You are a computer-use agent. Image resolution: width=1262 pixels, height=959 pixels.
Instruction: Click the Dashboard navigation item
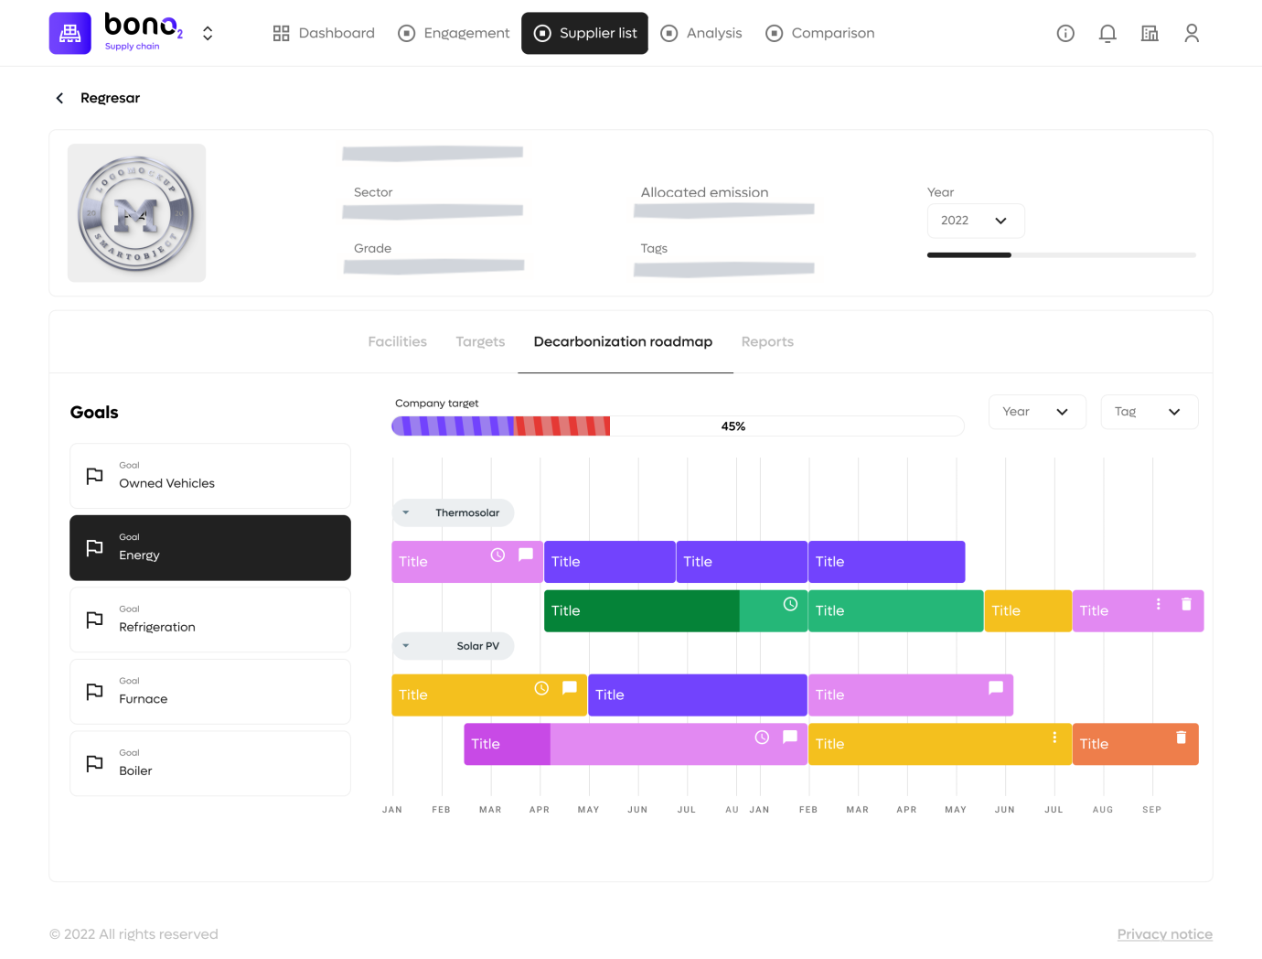(x=324, y=33)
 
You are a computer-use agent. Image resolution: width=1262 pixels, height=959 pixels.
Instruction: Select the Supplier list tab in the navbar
(x=584, y=33)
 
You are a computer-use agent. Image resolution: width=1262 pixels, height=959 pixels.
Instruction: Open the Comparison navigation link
(x=820, y=33)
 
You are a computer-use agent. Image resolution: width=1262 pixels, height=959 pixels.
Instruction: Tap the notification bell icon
(x=1107, y=34)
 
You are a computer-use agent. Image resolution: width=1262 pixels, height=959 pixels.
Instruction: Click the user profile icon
(x=1192, y=34)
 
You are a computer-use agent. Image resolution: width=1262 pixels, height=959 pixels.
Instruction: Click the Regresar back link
(x=99, y=98)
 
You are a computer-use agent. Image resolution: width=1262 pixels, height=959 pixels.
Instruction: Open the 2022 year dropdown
(x=976, y=221)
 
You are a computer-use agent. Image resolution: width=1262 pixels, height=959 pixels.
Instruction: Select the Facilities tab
(x=397, y=341)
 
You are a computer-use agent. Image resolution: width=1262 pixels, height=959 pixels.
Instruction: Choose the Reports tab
(x=767, y=341)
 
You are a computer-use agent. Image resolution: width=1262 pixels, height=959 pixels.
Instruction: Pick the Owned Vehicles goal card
(x=210, y=476)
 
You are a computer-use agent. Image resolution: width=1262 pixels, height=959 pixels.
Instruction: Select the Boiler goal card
(x=210, y=763)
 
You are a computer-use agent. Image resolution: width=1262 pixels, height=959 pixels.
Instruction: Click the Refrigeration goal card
(x=210, y=620)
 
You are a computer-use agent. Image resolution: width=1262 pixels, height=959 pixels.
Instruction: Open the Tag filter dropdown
(x=1149, y=412)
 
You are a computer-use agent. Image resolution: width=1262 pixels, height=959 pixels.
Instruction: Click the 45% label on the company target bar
(x=733, y=426)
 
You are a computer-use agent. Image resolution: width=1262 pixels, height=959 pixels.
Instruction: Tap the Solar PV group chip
(x=454, y=646)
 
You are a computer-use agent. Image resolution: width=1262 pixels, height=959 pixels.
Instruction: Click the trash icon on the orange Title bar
(x=1181, y=737)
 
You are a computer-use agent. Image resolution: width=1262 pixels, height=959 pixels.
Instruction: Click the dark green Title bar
(x=640, y=611)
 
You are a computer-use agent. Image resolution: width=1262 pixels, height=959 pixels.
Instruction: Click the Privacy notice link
(x=1164, y=934)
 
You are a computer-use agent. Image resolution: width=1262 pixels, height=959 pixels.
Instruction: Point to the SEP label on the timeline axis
(x=1151, y=810)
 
